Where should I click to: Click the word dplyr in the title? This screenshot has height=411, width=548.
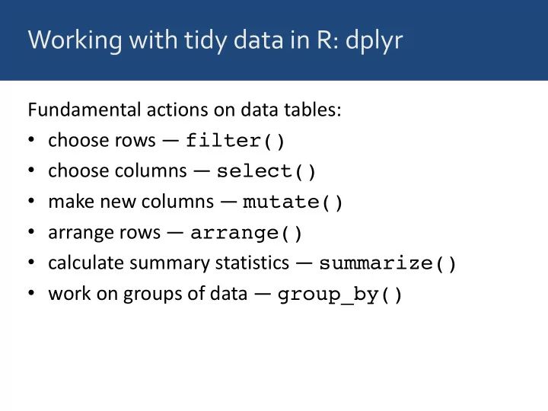(x=373, y=40)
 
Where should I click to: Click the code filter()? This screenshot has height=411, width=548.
(x=235, y=142)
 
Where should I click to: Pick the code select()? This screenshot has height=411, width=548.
(x=266, y=172)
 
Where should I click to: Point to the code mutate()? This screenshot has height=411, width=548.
(x=293, y=202)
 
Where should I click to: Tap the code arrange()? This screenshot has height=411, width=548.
(x=247, y=233)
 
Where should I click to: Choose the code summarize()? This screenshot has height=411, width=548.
(x=388, y=264)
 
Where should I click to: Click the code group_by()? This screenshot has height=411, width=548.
(x=340, y=295)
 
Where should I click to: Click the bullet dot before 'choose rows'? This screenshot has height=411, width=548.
(x=31, y=142)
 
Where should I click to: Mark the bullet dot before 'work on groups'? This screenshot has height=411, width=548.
(x=31, y=294)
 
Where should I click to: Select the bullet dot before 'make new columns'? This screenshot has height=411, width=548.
(x=31, y=202)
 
